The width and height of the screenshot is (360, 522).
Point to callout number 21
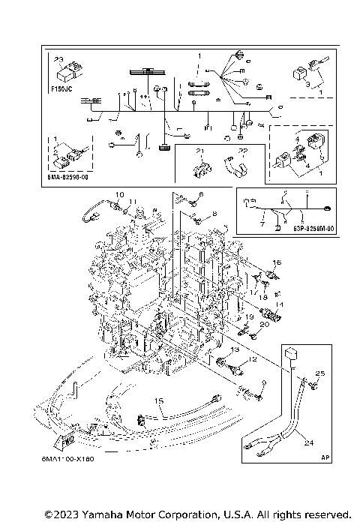pyautogui.click(x=200, y=153)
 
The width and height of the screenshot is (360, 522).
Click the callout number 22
pyautogui.click(x=242, y=152)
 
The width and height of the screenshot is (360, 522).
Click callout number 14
pyautogui.click(x=280, y=304)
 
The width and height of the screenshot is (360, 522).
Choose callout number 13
pyautogui.click(x=234, y=350)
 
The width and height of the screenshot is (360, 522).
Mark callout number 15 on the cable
pyautogui.click(x=158, y=401)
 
